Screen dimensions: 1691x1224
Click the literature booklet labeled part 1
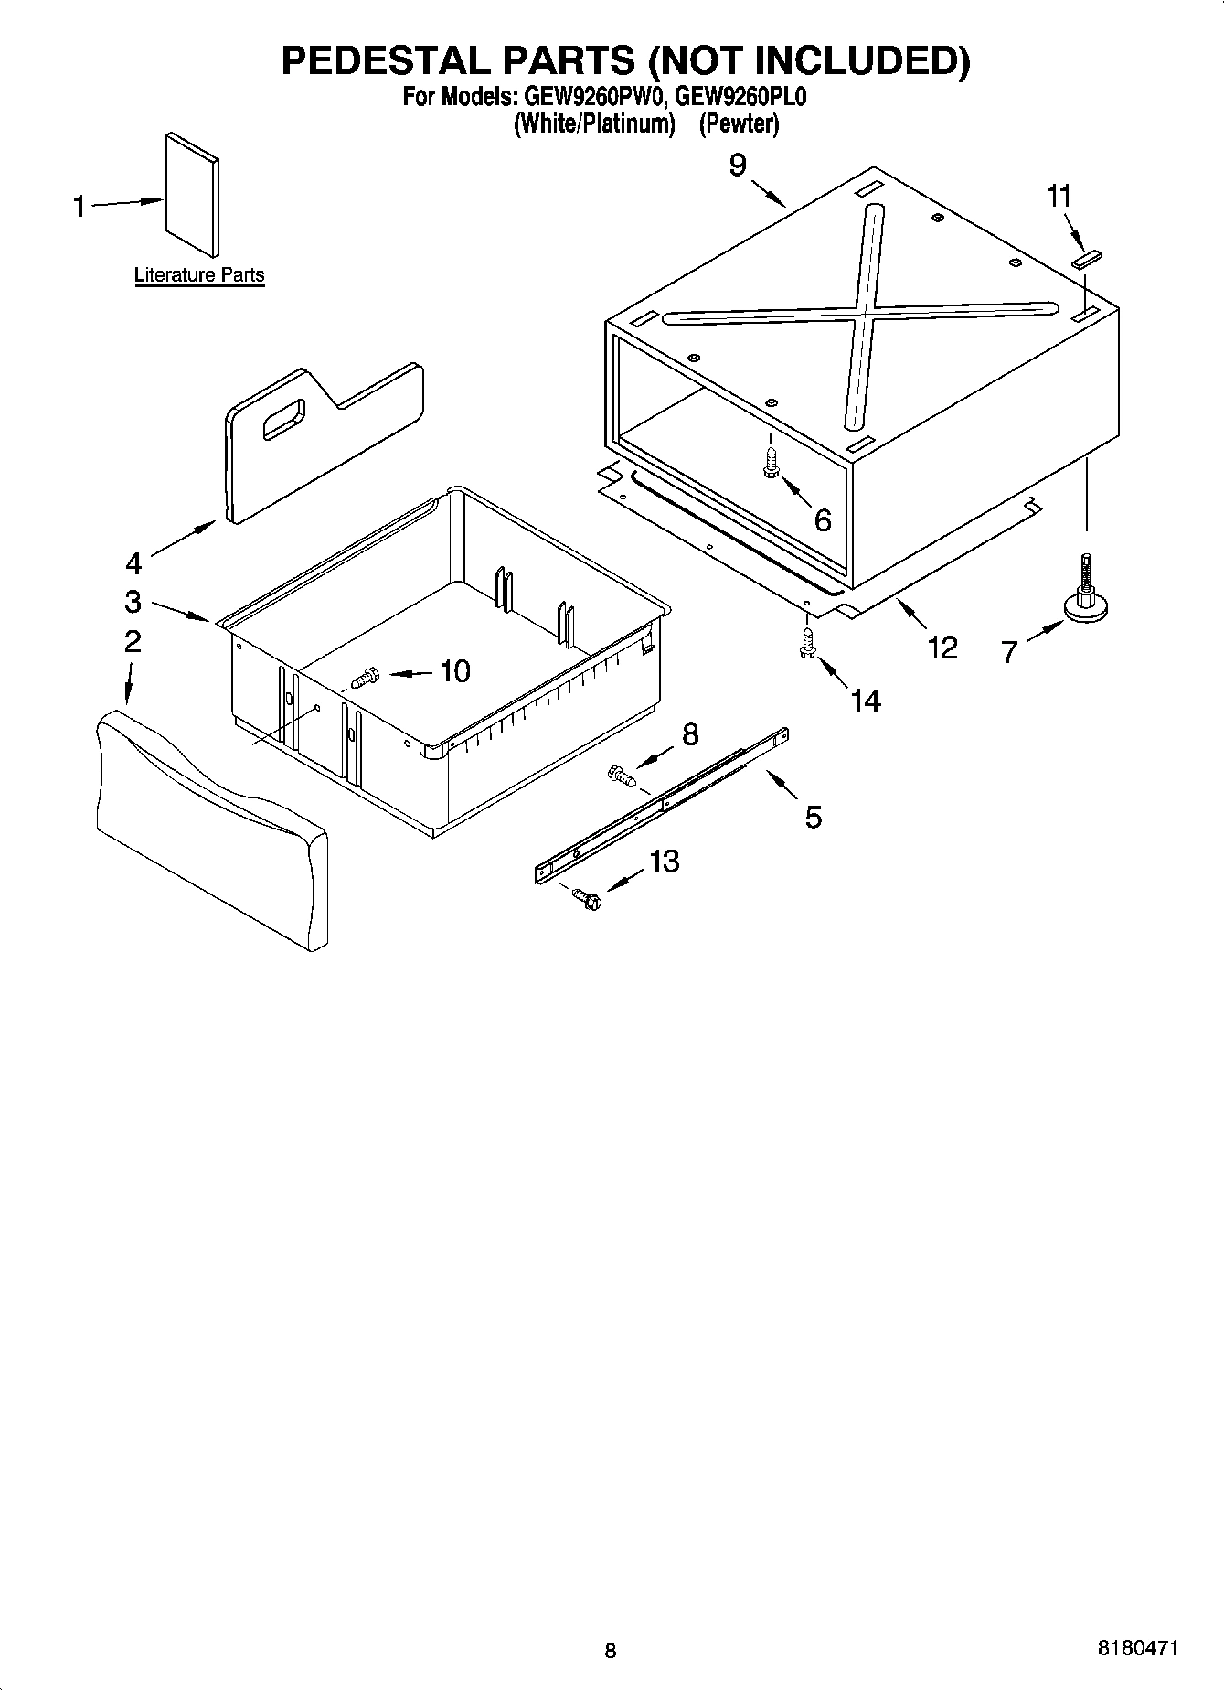[192, 195]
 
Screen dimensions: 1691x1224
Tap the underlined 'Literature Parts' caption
[199, 275]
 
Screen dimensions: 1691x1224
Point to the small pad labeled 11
[1087, 260]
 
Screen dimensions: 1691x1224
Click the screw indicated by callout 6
[771, 462]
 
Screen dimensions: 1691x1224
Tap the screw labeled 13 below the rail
[588, 899]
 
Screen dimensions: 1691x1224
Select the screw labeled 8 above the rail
[621, 777]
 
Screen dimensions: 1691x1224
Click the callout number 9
[738, 166]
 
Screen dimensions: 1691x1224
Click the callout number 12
[942, 648]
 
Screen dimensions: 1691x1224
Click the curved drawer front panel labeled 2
[210, 828]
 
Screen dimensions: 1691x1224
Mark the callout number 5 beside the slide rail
[813, 816]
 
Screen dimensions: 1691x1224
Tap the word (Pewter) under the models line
[739, 123]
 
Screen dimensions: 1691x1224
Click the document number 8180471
[1137, 1647]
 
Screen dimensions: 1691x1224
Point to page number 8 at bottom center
[611, 1650]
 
